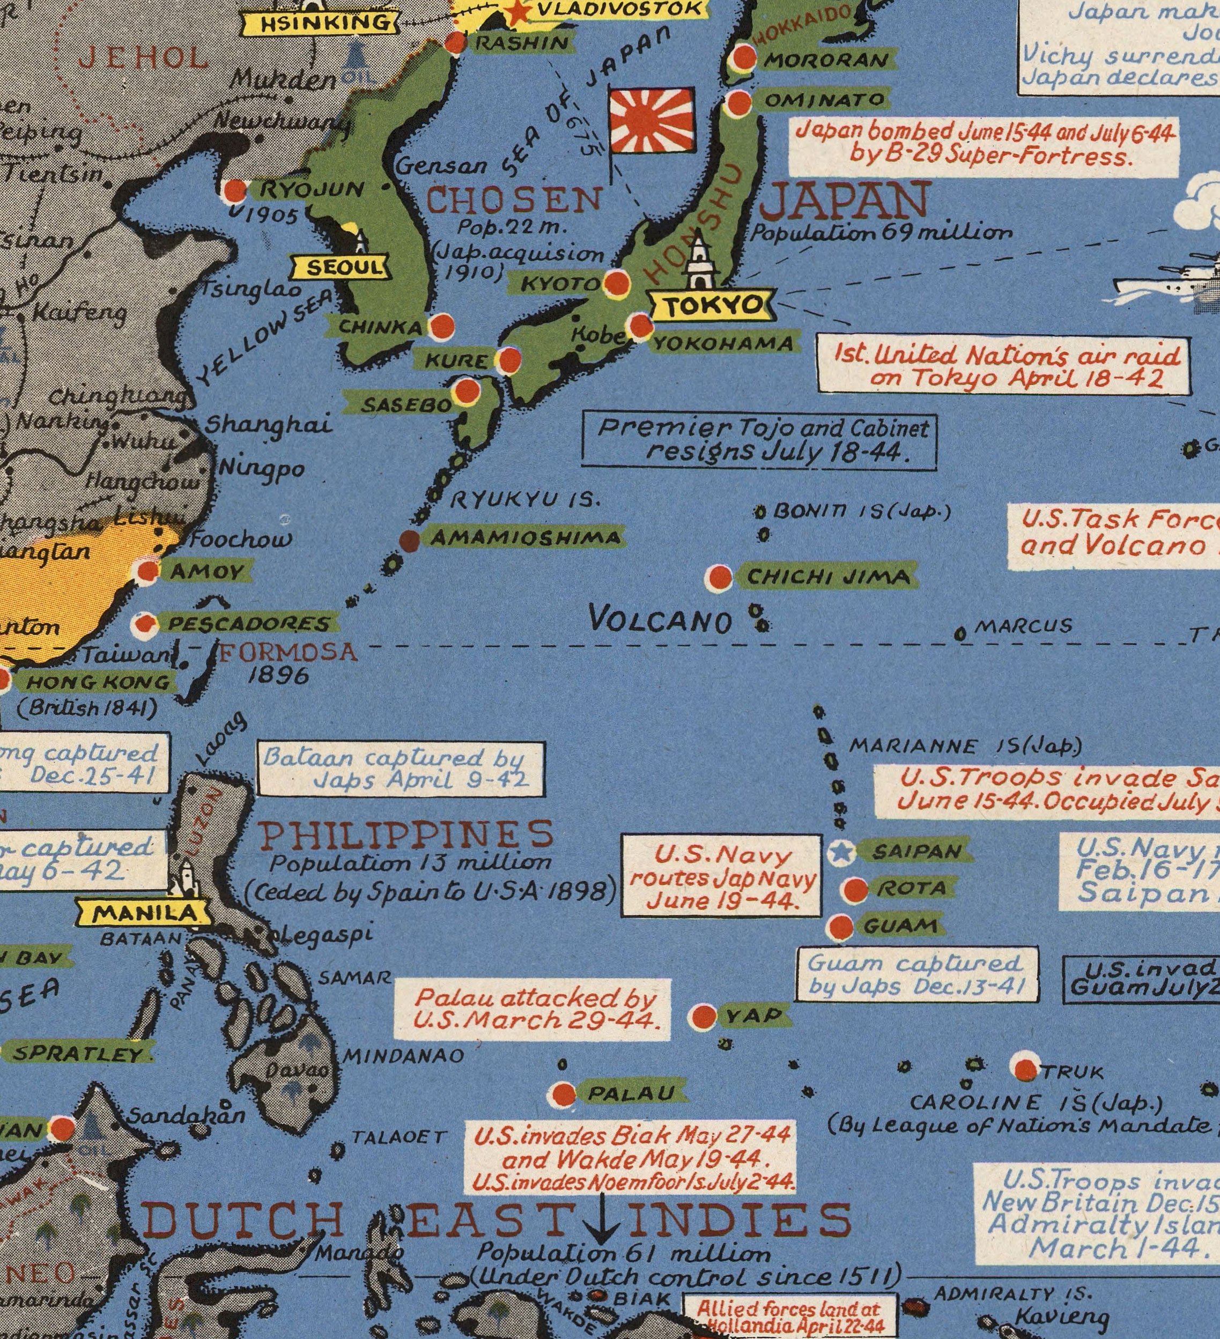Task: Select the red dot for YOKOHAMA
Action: coord(641,326)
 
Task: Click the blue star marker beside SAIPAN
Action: coord(841,852)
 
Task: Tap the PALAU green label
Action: coord(631,1092)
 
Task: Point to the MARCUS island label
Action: coord(1023,626)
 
